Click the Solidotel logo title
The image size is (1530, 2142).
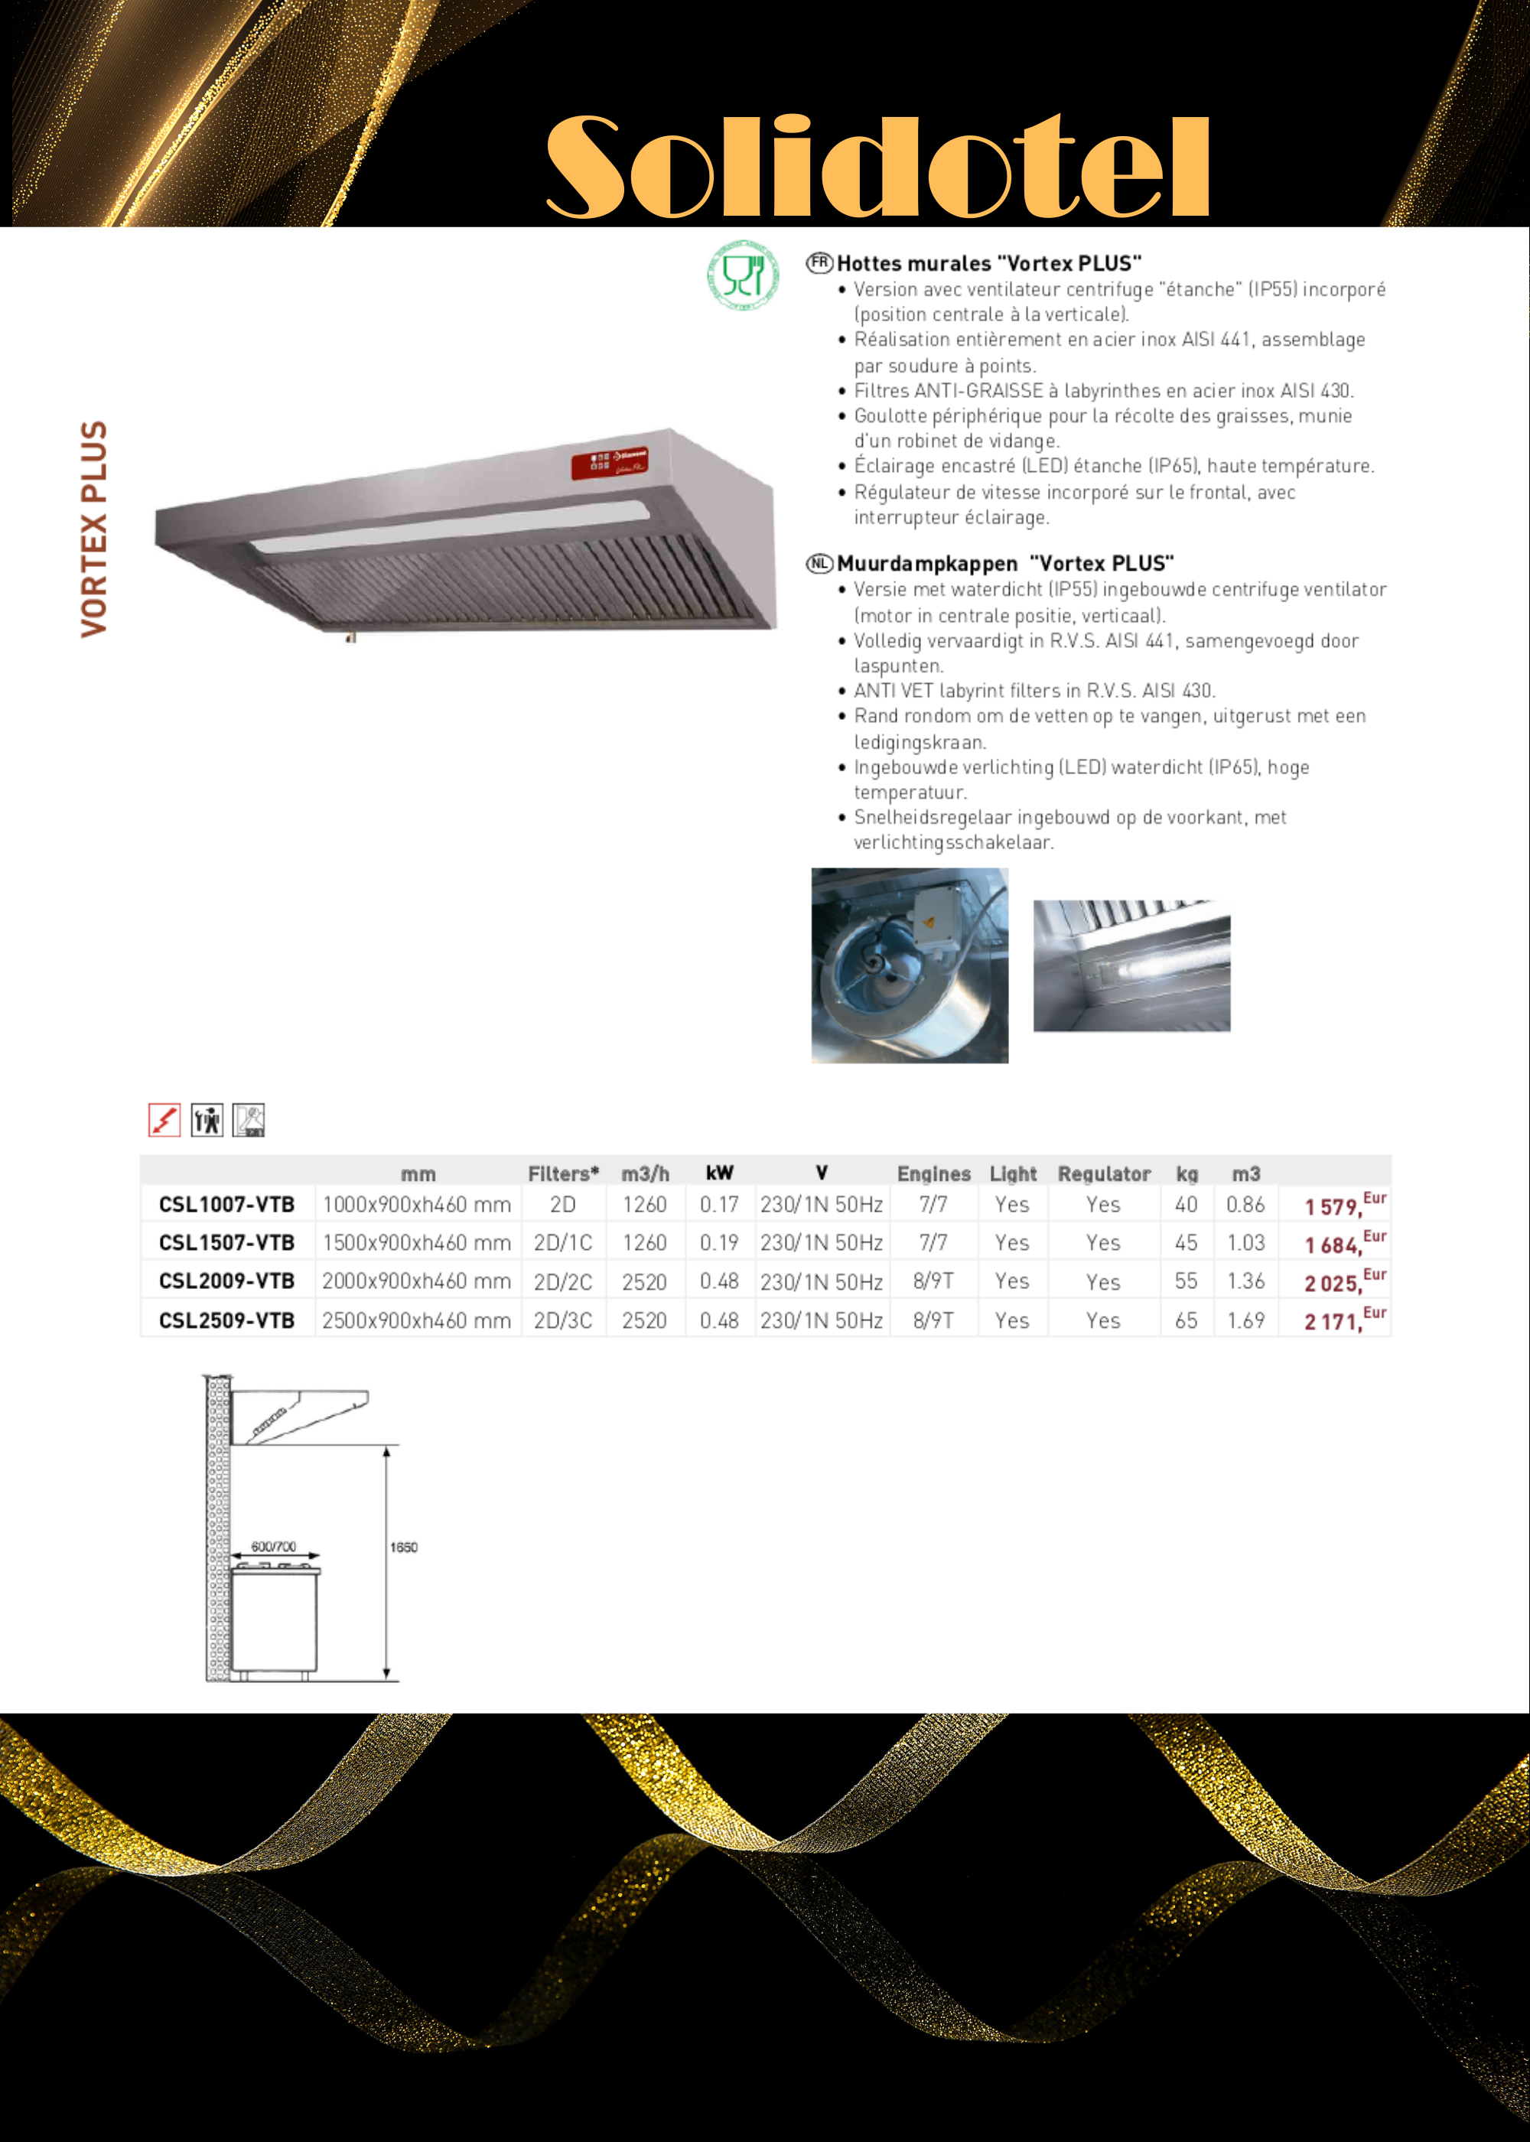pyautogui.click(x=877, y=167)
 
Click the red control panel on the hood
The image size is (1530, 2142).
pyautogui.click(x=609, y=464)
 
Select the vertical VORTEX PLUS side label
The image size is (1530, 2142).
pyautogui.click(x=94, y=529)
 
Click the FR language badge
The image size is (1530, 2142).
pyautogui.click(x=819, y=263)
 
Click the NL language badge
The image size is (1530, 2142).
pyautogui.click(x=819, y=563)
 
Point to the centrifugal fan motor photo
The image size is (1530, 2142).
pyautogui.click(x=909, y=965)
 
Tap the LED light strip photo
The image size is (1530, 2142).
pyautogui.click(x=1131, y=965)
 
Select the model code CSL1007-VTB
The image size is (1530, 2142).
pyautogui.click(x=227, y=1205)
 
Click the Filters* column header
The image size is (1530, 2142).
pyautogui.click(x=563, y=1174)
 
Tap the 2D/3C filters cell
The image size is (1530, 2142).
pyautogui.click(x=563, y=1320)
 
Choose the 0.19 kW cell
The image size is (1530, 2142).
pyautogui.click(x=719, y=1243)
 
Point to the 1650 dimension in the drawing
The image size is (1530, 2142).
pyautogui.click(x=404, y=1548)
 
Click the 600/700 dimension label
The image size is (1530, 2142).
pyautogui.click(x=274, y=1547)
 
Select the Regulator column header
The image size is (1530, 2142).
pyautogui.click(x=1104, y=1174)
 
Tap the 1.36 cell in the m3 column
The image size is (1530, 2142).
pyautogui.click(x=1245, y=1282)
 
